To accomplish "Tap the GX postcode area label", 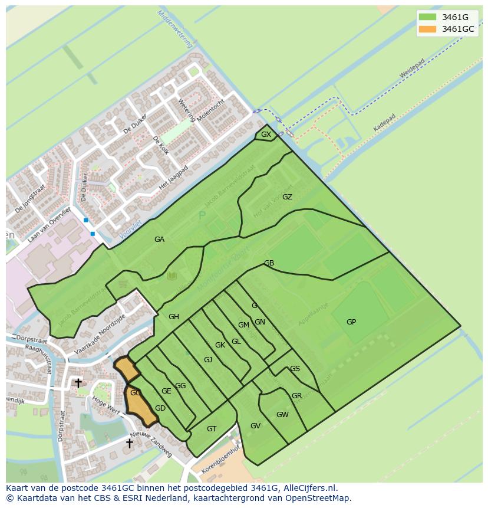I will coord(266,135).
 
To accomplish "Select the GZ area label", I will coord(287,197).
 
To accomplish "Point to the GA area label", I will coord(159,239).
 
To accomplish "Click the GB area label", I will coord(269,263).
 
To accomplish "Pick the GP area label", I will coord(351,322).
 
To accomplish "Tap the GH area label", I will coord(173,317).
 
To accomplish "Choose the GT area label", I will coord(212,429).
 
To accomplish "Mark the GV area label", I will coord(255,426).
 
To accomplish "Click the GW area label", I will coord(282,415).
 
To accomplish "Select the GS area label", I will coord(295,369).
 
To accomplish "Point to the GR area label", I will coord(296,396).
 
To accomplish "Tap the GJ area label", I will coord(208,360).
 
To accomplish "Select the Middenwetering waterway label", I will coord(176,30).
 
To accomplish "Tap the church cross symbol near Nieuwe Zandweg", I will coord(129,443).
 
